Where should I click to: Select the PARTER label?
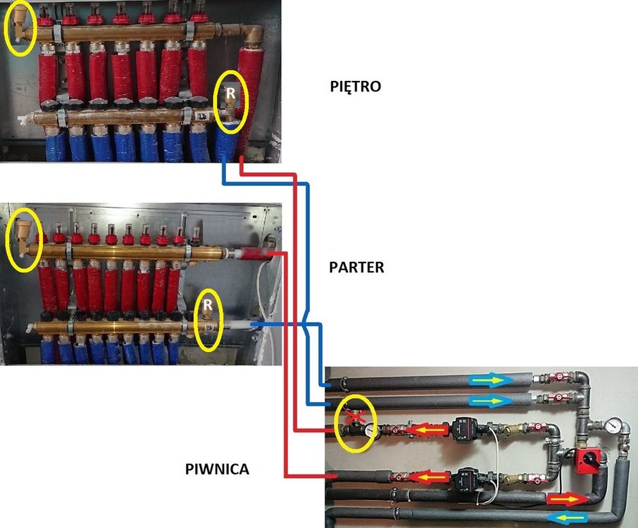point(356,268)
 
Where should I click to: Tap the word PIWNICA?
point(218,467)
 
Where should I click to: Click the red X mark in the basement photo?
point(357,417)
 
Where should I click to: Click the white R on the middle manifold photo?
point(207,306)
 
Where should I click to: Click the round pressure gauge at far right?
point(615,425)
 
